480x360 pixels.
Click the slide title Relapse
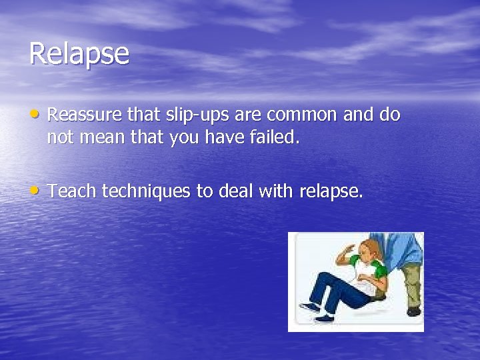[79, 54]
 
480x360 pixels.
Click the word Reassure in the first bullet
[85, 115]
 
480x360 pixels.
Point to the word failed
[271, 139]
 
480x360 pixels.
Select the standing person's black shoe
[413, 311]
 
